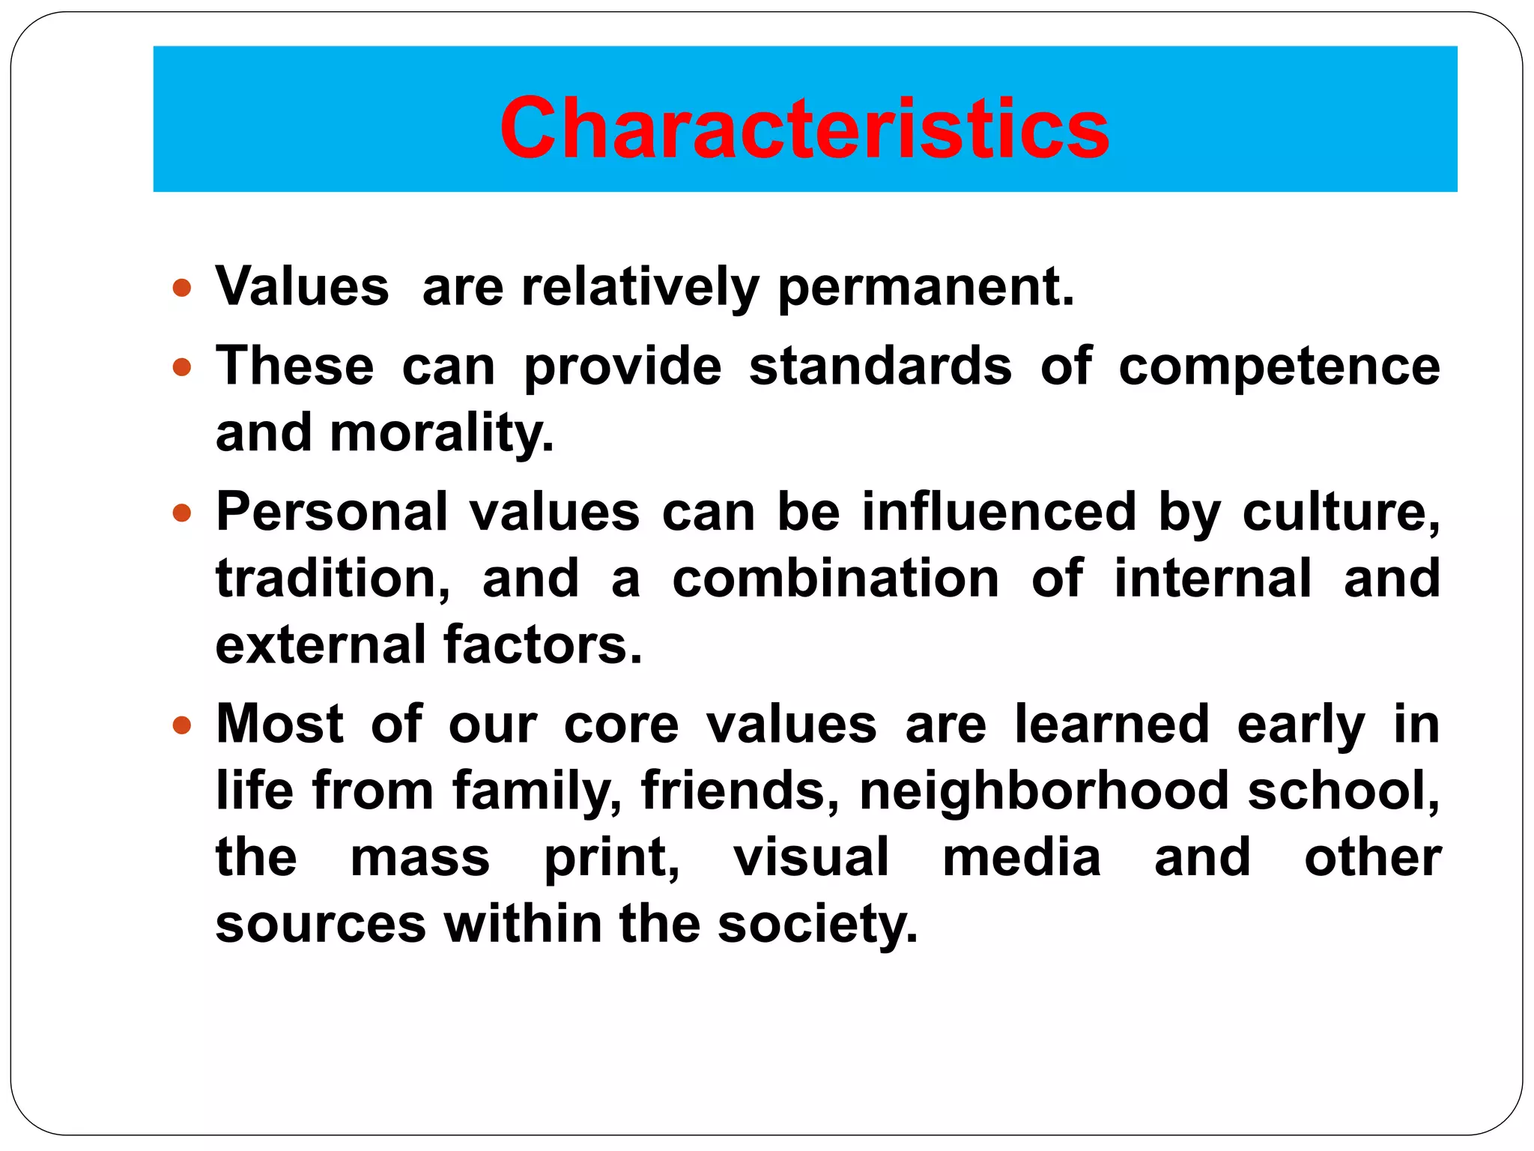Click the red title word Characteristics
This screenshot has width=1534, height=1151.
[x=804, y=129]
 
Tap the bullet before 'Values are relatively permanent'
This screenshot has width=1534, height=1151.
[x=182, y=288]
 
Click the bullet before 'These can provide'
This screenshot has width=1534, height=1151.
[x=182, y=367]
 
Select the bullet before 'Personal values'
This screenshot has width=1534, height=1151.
[x=182, y=513]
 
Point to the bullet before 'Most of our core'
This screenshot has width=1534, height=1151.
[x=182, y=725]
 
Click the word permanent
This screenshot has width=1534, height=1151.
[x=926, y=288]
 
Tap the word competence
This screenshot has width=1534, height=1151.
[x=1279, y=367]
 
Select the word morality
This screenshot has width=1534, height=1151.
[x=442, y=434]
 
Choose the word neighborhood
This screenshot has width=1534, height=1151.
[x=1044, y=791]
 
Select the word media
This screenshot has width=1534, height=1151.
[x=1022, y=857]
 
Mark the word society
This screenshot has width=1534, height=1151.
[x=817, y=924]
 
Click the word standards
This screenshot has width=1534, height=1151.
[x=880, y=367]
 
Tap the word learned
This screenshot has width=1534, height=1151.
[x=1112, y=725]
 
